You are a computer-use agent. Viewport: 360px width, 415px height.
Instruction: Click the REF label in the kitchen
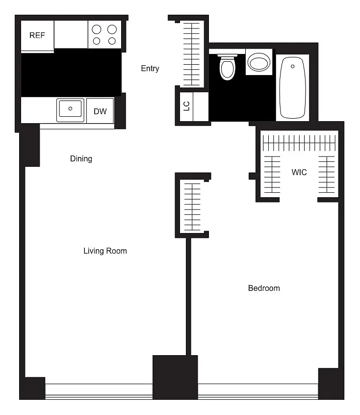pos(37,35)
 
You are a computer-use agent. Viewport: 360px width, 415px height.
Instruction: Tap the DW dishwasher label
pos(100,111)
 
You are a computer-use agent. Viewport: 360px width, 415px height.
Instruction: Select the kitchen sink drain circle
pos(70,108)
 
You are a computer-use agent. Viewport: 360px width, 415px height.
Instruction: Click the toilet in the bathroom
pos(228,67)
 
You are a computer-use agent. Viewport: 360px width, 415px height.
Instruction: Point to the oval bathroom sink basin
pos(259,62)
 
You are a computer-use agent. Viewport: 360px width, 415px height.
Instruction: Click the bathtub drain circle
pos(292,66)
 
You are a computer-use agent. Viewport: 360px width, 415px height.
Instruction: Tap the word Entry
pos(150,69)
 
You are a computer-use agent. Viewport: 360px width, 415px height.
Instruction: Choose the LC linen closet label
pos(186,106)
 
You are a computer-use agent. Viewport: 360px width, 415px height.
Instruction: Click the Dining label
pos(81,159)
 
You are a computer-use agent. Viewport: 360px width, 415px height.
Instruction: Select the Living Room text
pos(105,251)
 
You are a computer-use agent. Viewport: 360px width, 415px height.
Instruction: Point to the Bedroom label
pos(264,288)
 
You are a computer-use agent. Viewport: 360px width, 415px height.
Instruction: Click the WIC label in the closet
pos(299,172)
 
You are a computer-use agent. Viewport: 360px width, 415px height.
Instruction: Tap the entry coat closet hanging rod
pos(191,54)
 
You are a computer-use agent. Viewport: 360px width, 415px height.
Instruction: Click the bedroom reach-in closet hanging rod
pos(192,207)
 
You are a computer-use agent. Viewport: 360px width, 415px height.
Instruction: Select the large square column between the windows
pos(175,377)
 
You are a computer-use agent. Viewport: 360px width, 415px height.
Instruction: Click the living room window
pos(99,391)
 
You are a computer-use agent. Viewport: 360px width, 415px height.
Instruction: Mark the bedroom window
pos(258,391)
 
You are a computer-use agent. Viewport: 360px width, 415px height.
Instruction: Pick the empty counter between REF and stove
pos(71,34)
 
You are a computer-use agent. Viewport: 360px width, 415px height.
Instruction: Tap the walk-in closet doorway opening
pos(299,200)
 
